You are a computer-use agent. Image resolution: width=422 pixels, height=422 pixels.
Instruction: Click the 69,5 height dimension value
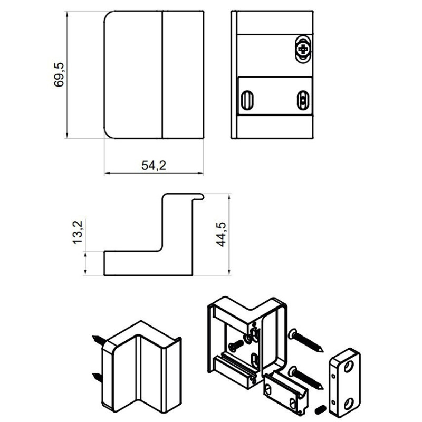tap(59, 74)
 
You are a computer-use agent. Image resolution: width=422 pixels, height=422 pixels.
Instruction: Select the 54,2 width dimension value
tap(154, 165)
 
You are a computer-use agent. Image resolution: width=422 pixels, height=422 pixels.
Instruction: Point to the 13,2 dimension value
tap(78, 232)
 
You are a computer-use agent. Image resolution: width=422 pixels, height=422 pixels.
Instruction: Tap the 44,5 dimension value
tap(221, 234)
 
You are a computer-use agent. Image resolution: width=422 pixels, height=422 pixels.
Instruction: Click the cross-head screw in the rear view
tap(303, 49)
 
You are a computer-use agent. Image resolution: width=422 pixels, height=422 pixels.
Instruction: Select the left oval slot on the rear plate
tap(246, 100)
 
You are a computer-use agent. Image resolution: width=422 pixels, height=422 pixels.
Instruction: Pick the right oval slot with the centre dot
tap(303, 100)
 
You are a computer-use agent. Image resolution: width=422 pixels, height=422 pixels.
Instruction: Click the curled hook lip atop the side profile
tap(199, 197)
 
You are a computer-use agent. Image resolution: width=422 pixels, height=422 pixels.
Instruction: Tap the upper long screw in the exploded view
tap(306, 340)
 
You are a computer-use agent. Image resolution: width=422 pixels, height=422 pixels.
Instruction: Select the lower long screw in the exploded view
tap(306, 378)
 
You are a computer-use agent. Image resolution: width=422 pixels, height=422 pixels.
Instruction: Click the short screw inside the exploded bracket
tap(236, 345)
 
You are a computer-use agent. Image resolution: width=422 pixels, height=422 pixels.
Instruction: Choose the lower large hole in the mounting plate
tap(349, 403)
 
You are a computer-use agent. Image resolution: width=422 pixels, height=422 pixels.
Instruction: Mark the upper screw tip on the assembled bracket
tap(93, 337)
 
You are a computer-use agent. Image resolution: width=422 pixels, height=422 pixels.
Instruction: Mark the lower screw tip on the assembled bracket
tap(93, 374)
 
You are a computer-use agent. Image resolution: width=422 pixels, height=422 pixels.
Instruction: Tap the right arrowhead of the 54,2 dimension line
tap(201, 174)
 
